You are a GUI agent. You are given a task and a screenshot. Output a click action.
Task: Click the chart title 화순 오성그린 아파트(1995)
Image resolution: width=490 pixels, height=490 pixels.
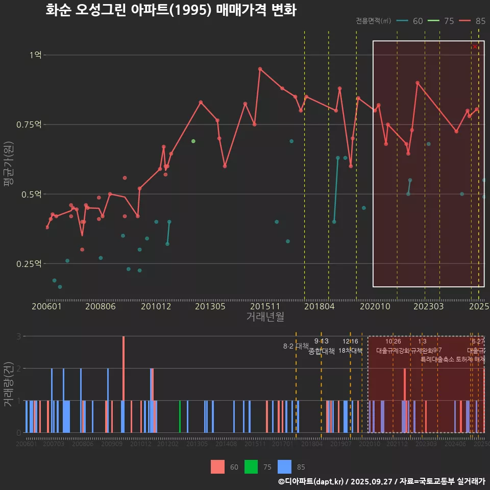[170, 10]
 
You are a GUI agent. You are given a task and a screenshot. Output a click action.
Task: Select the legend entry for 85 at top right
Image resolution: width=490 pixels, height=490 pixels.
[472, 21]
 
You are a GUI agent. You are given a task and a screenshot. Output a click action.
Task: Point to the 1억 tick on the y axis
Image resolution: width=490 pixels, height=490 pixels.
[36, 55]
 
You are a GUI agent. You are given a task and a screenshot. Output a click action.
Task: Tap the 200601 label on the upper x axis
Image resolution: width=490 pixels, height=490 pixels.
[46, 306]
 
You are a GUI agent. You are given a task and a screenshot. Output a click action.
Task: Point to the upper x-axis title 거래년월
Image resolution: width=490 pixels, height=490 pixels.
[265, 317]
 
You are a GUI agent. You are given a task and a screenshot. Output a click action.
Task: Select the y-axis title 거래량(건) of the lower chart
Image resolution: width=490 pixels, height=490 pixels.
[9, 384]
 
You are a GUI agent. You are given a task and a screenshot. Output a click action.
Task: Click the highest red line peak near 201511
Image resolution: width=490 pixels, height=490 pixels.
[260, 68]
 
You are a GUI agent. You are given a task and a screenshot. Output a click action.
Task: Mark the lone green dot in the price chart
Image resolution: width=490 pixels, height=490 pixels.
[193, 141]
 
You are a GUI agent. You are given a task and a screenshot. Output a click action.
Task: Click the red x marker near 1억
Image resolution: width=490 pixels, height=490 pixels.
[475, 47]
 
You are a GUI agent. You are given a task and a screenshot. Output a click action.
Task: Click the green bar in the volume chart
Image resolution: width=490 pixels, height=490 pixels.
[180, 416]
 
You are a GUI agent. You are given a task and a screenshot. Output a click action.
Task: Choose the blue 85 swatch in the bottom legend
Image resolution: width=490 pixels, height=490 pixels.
[285, 467]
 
